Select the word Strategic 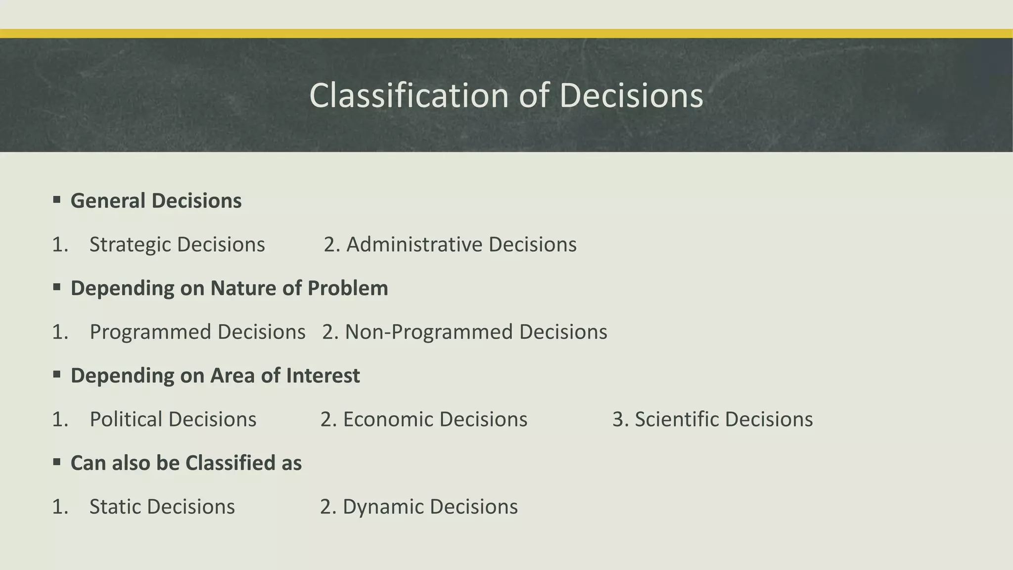pos(130,244)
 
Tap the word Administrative pos(414,244)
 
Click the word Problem pos(347,288)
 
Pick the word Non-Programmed pos(428,332)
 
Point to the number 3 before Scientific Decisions pos(618,420)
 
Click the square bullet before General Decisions pos(57,200)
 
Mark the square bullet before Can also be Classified pos(57,462)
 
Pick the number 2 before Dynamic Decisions pos(326,507)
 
